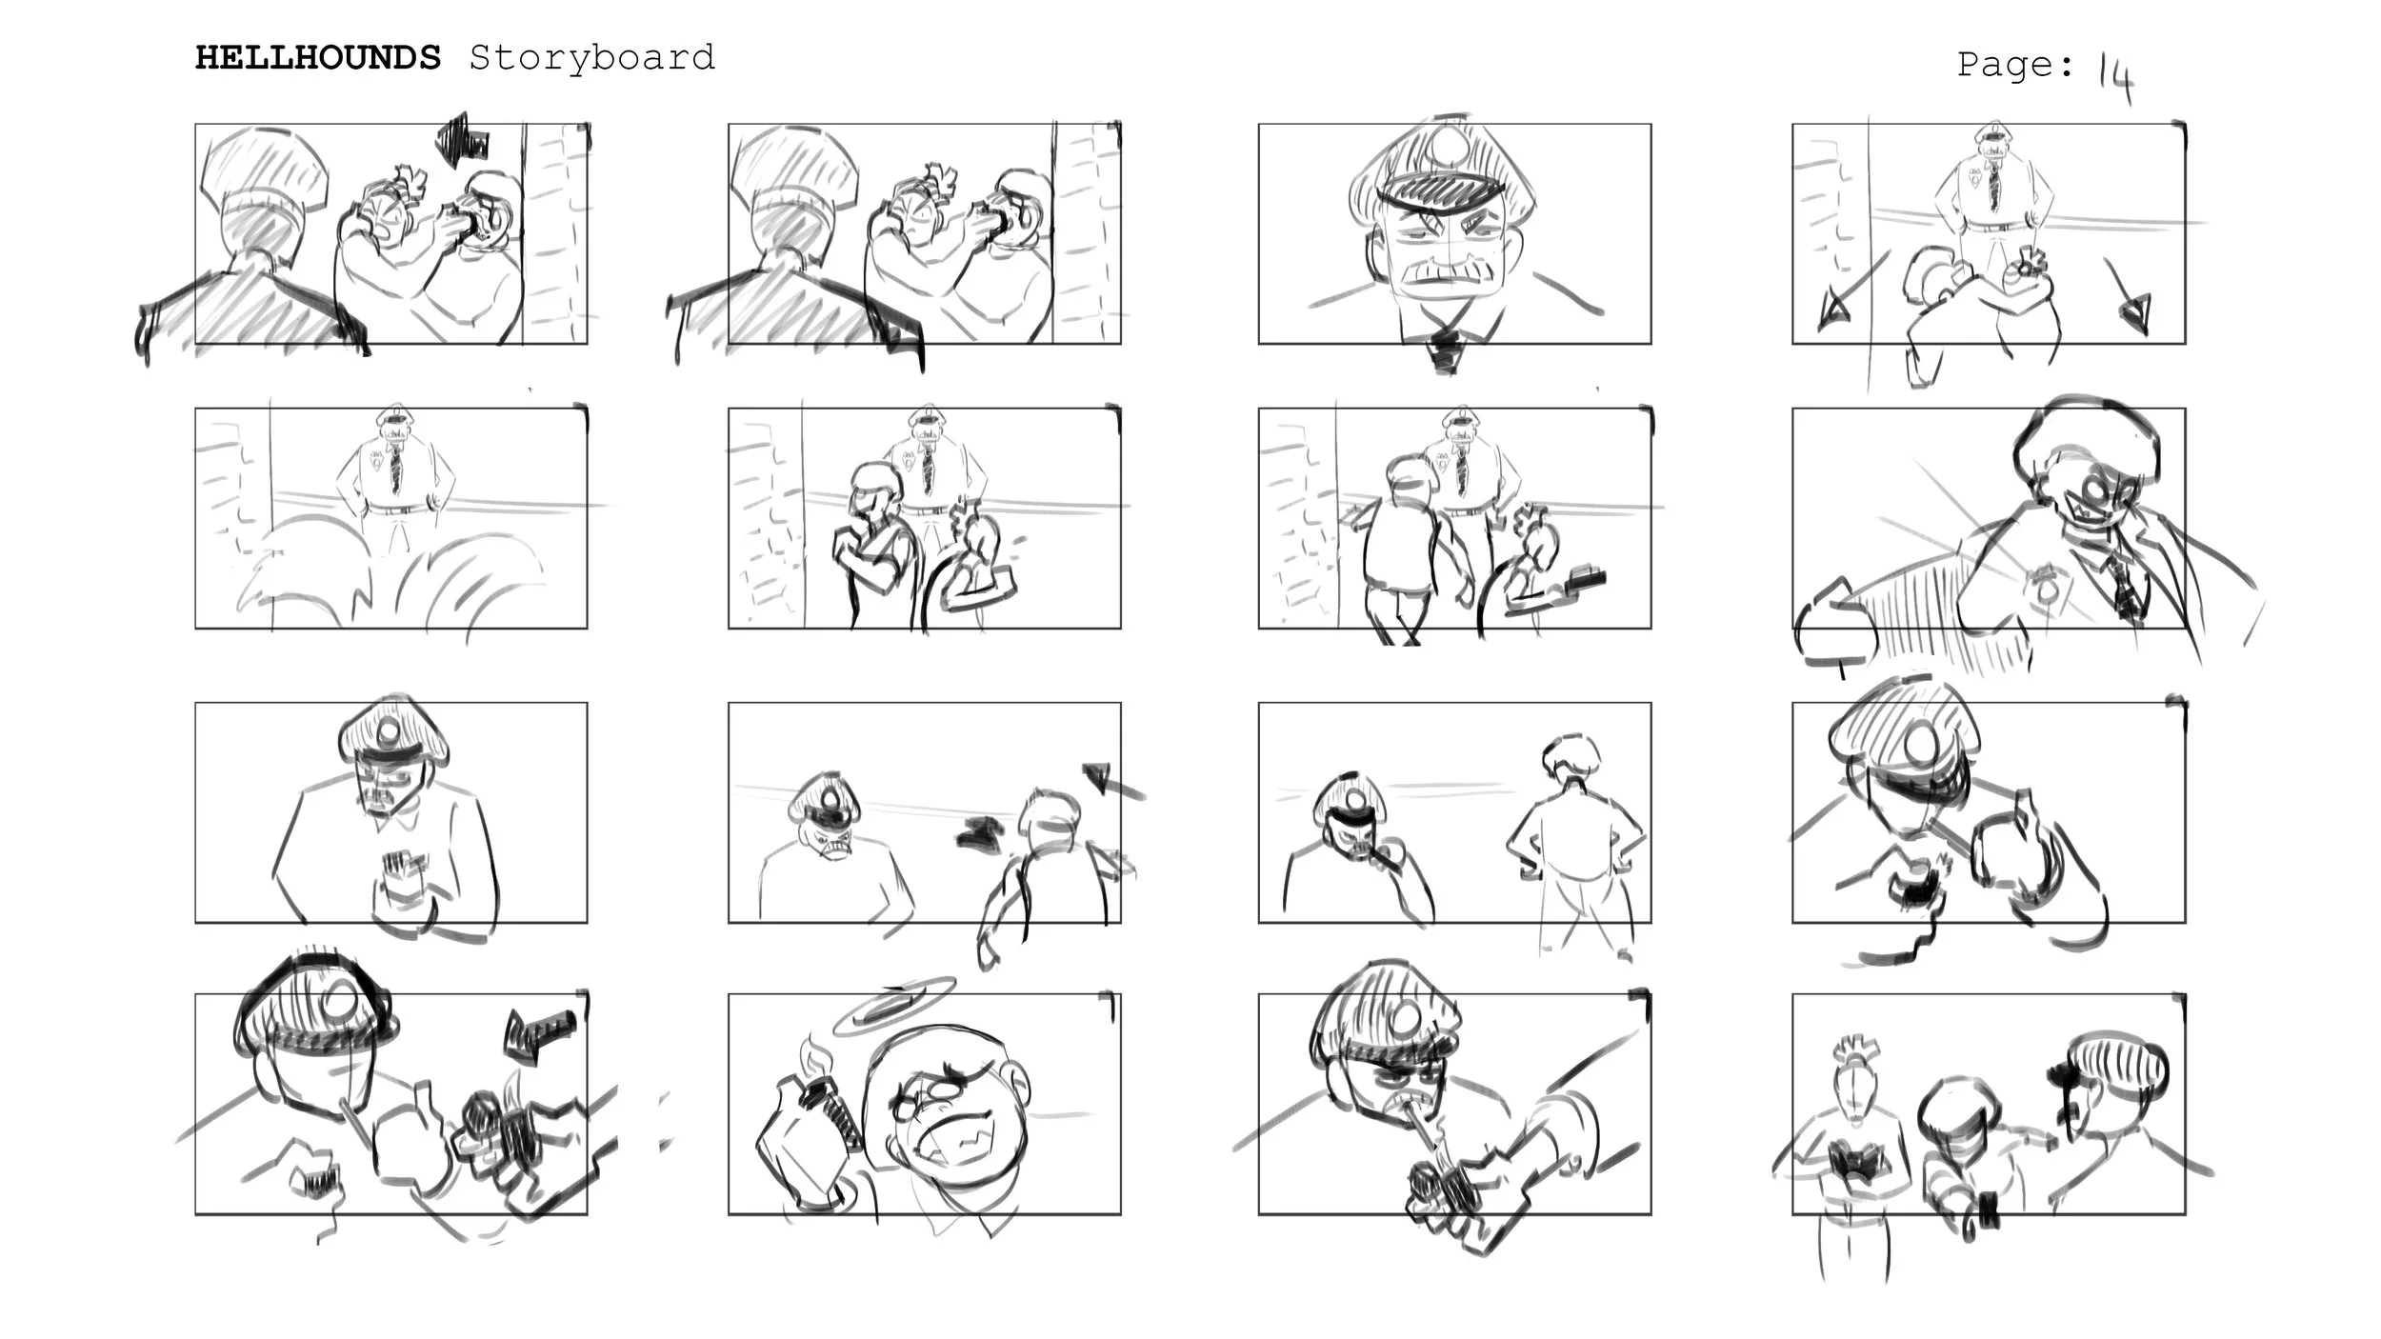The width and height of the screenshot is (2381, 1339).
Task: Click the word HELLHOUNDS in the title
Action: click(x=318, y=58)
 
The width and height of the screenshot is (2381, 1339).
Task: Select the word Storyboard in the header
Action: click(x=591, y=58)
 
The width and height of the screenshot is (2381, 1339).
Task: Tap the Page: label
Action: click(x=2015, y=65)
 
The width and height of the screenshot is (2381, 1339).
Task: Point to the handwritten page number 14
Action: click(x=2115, y=75)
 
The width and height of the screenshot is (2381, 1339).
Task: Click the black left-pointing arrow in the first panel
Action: click(x=463, y=139)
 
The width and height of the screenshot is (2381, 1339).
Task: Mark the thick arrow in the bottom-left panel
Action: click(x=539, y=1035)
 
